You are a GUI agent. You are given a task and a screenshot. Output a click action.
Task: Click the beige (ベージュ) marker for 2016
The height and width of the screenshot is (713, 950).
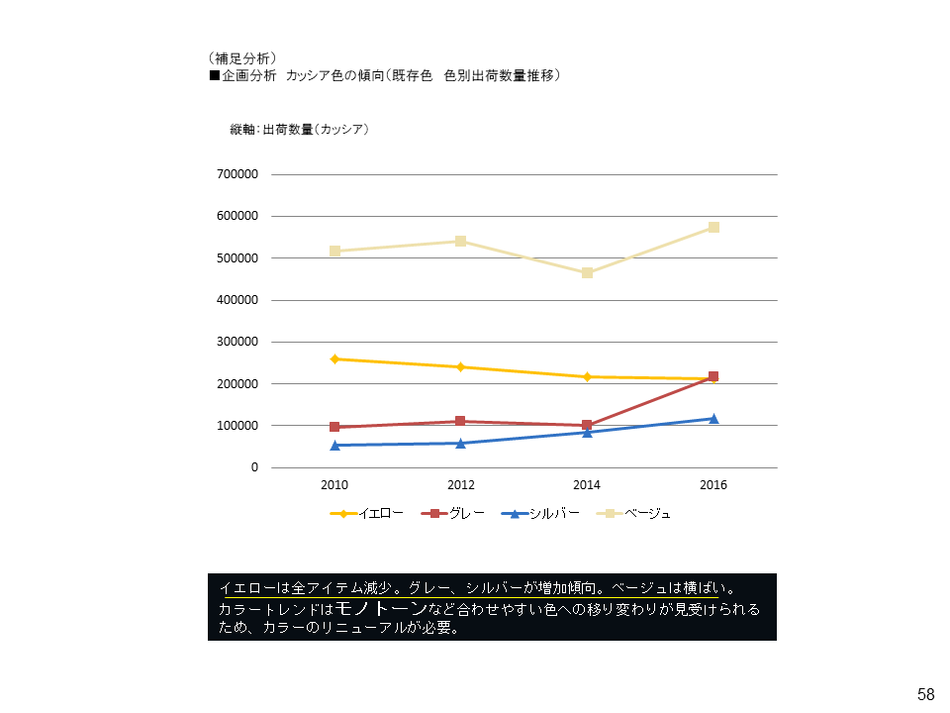[713, 227]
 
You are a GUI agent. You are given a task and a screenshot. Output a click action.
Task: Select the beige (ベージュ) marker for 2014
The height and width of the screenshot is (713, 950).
[587, 272]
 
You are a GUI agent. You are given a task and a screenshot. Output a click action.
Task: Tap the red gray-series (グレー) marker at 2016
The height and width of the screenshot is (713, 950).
[713, 376]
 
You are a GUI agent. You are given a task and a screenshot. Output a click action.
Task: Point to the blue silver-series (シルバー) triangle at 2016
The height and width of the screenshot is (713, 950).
[713, 418]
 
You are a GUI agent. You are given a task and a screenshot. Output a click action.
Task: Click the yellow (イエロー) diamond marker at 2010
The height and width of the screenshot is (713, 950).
[334, 358]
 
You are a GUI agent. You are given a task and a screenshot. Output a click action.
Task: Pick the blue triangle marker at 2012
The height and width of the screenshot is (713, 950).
[461, 443]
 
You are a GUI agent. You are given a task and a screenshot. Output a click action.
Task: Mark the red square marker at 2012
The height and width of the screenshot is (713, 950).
[461, 421]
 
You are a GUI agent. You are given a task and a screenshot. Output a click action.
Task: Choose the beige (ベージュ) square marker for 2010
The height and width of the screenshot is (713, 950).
[334, 251]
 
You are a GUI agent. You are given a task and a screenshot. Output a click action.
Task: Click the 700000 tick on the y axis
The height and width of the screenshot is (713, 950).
[237, 174]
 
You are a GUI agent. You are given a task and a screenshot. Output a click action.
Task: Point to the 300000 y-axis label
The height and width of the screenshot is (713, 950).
[237, 342]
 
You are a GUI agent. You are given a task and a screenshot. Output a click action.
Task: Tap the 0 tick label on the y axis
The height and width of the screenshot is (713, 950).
[254, 467]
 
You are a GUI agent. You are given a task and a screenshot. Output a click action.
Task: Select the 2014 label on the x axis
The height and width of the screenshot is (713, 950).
[587, 485]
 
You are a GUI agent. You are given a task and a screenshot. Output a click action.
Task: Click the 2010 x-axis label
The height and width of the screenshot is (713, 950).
[334, 485]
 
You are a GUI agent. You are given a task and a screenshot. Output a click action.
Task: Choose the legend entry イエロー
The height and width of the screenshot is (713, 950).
[380, 513]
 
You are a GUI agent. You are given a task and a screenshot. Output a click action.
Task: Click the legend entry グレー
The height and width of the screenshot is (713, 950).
[466, 513]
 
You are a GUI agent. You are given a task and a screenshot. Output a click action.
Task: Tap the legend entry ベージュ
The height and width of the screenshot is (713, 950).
[647, 513]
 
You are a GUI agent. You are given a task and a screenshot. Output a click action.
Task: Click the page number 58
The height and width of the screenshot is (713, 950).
[926, 694]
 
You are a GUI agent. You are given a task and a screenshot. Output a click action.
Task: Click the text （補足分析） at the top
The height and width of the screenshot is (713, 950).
[242, 57]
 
